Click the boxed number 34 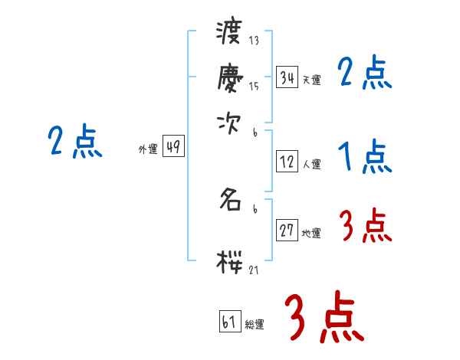[287, 77]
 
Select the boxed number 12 [287, 162]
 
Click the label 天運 [311, 80]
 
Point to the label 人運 [311, 164]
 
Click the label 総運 [255, 325]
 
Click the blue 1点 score [365, 158]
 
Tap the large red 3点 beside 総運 [324, 318]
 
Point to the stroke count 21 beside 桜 [253, 269]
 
